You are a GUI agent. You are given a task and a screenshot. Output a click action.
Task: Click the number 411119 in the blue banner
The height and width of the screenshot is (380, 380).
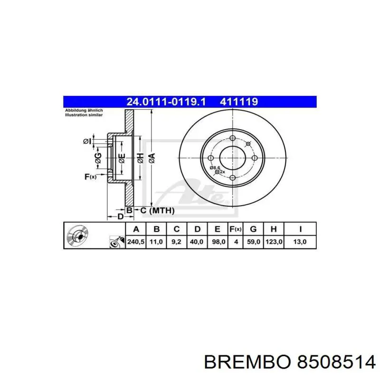(238, 101)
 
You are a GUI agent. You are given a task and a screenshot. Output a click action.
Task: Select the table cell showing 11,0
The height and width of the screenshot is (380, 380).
(156, 242)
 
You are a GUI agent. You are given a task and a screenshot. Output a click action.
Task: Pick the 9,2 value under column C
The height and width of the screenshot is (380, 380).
(176, 242)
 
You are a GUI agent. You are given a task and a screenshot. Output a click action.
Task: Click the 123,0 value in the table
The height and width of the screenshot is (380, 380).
(274, 242)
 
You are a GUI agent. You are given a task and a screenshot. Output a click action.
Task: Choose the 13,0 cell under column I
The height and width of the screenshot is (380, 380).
(300, 242)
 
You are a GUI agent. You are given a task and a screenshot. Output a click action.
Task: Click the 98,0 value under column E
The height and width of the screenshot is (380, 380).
(217, 242)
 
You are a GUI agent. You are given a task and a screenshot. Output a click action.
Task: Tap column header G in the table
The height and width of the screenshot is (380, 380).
(254, 229)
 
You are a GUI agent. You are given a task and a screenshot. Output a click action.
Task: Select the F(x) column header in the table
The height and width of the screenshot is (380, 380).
(236, 229)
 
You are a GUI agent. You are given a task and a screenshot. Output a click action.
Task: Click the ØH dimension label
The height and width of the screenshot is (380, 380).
(141, 159)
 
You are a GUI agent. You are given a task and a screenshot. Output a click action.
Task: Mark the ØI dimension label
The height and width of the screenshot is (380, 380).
(87, 141)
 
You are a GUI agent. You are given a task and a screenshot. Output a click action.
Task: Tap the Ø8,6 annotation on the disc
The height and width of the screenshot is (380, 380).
(215, 167)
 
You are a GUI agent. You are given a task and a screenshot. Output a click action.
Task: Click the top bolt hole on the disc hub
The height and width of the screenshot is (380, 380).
(233, 138)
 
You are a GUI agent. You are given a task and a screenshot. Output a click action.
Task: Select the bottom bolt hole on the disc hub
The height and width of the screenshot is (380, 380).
(233, 178)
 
